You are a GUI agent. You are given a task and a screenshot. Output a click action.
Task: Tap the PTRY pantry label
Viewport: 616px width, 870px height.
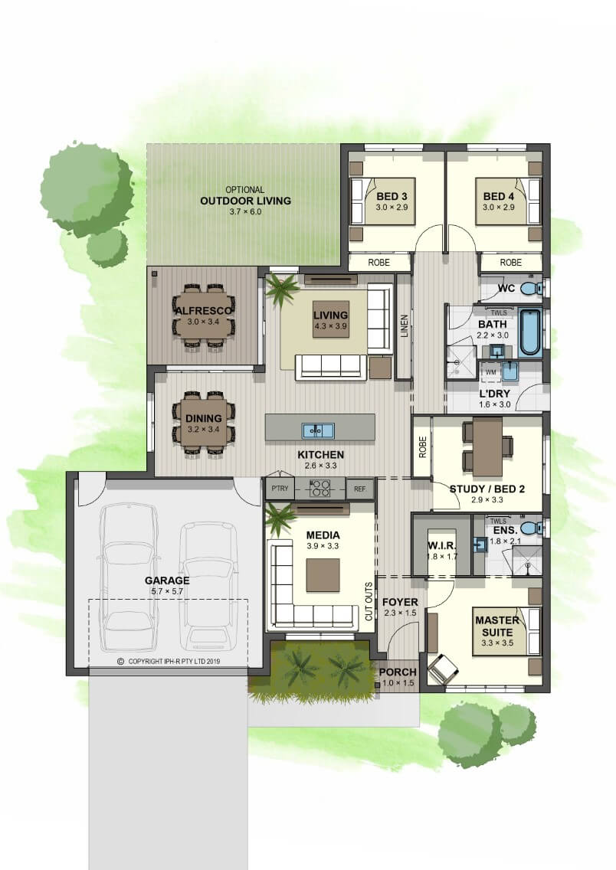click(x=280, y=489)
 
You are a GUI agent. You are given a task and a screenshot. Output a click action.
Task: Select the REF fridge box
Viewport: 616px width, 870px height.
click(x=359, y=489)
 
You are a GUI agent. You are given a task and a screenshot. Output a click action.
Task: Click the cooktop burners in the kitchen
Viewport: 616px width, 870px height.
click(x=320, y=489)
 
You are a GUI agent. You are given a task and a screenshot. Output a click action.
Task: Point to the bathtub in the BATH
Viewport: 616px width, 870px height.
click(x=529, y=333)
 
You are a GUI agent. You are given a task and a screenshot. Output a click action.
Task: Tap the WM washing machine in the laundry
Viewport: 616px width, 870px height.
click(x=490, y=372)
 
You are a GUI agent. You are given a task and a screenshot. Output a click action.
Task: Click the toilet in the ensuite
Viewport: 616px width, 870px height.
click(x=531, y=526)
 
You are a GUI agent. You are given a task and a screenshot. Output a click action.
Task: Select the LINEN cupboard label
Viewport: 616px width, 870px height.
click(x=404, y=326)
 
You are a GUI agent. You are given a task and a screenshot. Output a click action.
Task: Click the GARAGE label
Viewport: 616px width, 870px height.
click(x=167, y=581)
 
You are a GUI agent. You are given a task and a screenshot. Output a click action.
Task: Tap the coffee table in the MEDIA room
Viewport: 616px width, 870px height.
click(x=323, y=575)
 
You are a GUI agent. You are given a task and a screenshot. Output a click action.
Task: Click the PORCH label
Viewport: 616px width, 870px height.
click(x=398, y=672)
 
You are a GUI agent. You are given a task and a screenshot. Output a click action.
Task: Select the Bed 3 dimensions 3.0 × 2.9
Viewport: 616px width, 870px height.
click(x=392, y=207)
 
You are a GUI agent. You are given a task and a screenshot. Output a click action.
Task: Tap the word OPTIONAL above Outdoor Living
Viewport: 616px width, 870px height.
click(x=244, y=190)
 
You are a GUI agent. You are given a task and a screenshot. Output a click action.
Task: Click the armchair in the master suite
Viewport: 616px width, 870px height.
click(x=443, y=669)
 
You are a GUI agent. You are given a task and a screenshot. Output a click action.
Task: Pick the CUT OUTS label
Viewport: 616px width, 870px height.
click(x=369, y=601)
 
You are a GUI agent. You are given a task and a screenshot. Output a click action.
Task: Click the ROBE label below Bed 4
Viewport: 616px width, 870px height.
click(x=510, y=262)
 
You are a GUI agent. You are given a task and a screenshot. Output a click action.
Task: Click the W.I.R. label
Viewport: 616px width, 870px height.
click(x=442, y=545)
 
